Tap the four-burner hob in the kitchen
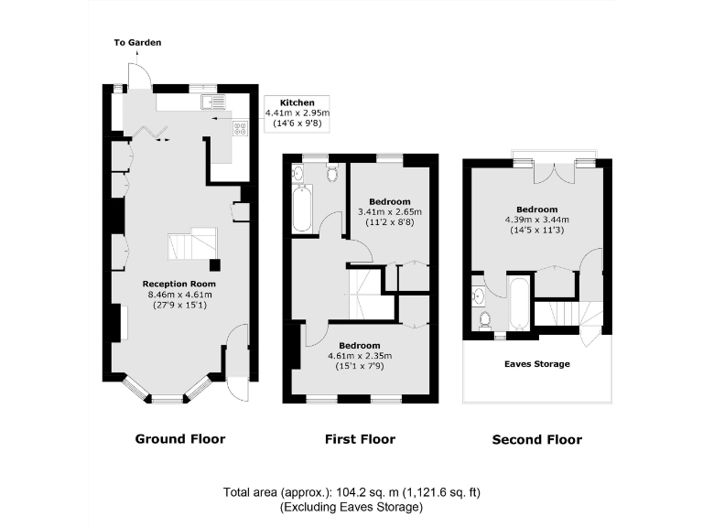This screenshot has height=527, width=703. tap(241, 129)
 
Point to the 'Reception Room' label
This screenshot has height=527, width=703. tap(178, 284)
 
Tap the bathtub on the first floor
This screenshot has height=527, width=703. tap(301, 207)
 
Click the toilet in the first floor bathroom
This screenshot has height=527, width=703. tap(331, 171)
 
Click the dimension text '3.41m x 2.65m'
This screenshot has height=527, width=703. tap(390, 212)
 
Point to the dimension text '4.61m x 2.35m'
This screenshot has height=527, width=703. tap(360, 356)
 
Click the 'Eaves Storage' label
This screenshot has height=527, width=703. tap(536, 364)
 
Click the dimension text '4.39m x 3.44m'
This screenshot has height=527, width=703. tap(536, 220)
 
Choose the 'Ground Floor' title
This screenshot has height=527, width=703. tap(180, 439)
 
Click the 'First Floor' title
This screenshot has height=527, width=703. tap(360, 439)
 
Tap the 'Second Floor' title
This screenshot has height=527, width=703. tap(536, 440)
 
